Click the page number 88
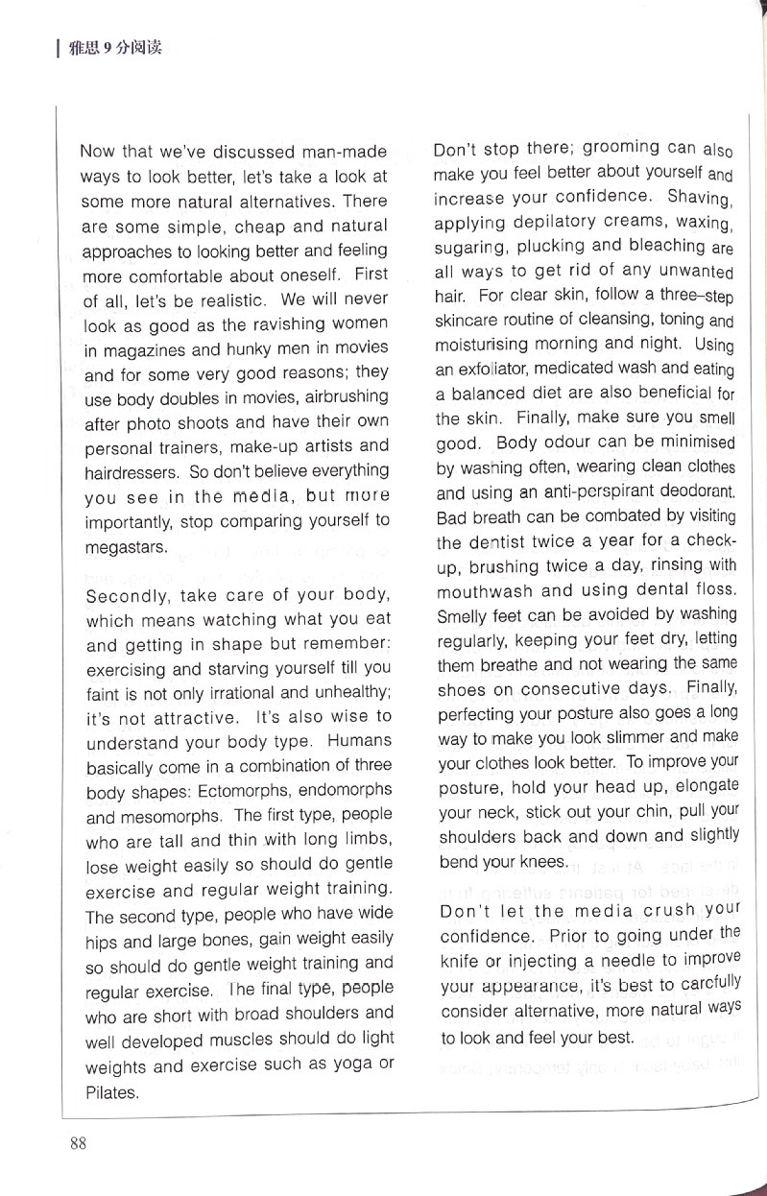tap(79, 1141)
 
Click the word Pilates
tap(111, 1091)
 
